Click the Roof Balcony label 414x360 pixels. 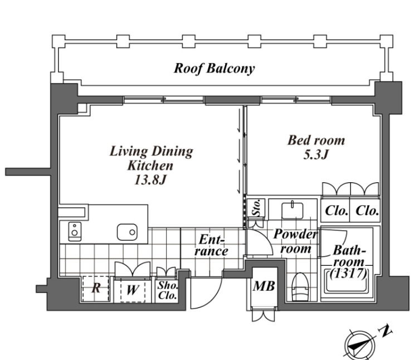(214, 69)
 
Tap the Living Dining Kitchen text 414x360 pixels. (151, 158)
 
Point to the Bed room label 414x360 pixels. (316, 140)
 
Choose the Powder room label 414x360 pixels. (295, 241)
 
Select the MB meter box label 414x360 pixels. (264, 287)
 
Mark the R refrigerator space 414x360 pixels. (96, 289)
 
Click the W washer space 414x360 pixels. (131, 289)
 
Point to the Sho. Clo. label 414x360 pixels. (167, 290)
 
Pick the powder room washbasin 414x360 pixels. (290, 211)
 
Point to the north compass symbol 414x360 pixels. (357, 343)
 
